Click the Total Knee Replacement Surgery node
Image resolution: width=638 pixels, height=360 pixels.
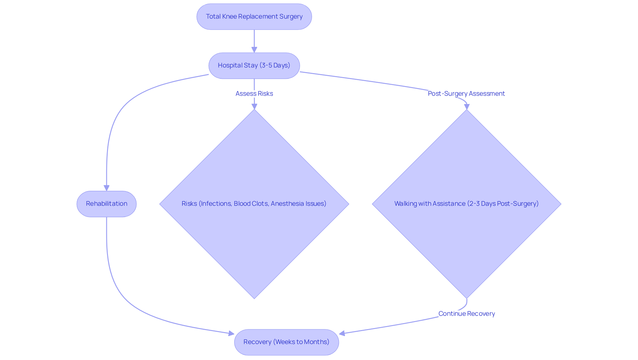(254, 17)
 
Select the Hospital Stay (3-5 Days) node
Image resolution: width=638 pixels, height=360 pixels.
(254, 65)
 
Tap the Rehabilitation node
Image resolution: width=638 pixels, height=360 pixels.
(106, 204)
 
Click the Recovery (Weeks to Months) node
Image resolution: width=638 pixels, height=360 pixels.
(286, 342)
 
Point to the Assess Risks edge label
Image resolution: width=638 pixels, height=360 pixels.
(254, 94)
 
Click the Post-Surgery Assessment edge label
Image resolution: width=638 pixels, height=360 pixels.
(466, 94)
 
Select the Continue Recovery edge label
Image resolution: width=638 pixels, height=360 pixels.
(466, 314)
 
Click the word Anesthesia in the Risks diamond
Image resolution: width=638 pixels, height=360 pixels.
(287, 204)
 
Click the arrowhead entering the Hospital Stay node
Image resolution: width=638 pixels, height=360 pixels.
(254, 50)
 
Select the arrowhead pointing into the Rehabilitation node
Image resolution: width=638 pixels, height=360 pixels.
(106, 188)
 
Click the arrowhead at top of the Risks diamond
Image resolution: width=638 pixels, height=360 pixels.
(254, 106)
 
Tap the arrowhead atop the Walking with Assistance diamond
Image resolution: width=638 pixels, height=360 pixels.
(467, 106)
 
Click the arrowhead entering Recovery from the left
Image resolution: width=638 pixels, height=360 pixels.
(231, 333)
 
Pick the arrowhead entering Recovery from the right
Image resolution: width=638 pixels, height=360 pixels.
(342, 333)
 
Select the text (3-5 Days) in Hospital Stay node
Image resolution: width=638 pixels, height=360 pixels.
(274, 65)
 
